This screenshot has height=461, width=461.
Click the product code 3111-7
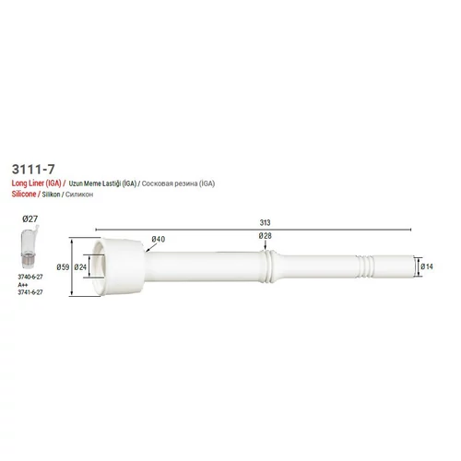[x=33, y=169]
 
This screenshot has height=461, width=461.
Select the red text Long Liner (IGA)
[x=37, y=183]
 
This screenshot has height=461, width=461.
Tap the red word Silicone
[x=24, y=194]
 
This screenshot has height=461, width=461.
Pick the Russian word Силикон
[x=79, y=195]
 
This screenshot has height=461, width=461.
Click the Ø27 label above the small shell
[x=30, y=219]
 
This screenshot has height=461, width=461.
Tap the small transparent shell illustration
[x=30, y=247]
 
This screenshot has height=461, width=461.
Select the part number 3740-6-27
[x=30, y=277]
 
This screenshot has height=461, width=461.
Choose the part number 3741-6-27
[x=30, y=292]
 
